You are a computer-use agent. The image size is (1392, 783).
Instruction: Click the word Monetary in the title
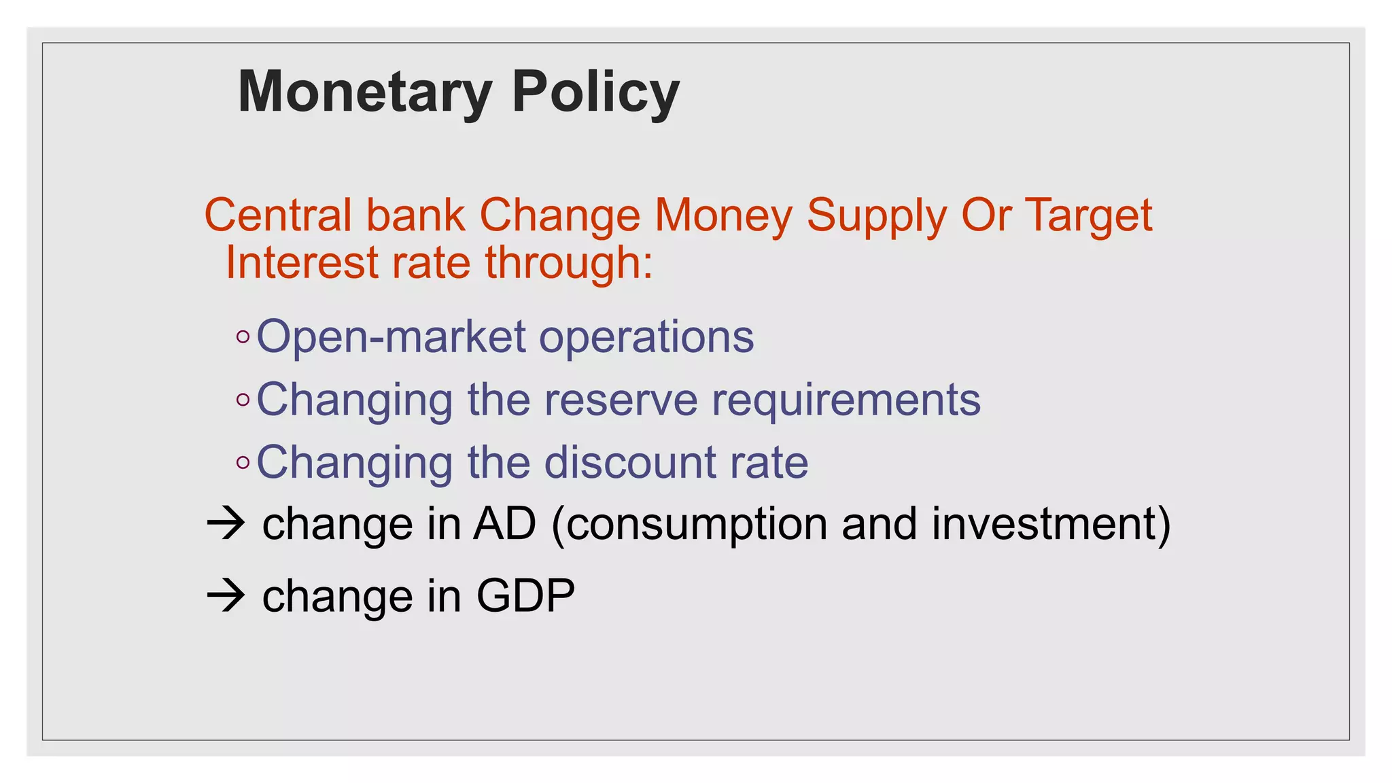[x=365, y=92]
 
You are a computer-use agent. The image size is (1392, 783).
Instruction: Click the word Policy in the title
[x=595, y=92]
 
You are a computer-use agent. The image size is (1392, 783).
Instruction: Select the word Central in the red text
[x=277, y=215]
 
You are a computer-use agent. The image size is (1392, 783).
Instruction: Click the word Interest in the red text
[x=301, y=262]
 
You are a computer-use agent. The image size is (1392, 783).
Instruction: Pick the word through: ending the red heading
[x=569, y=264]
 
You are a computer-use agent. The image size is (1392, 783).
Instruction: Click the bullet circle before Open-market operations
[x=243, y=337]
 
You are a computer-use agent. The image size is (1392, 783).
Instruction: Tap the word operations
[x=646, y=337]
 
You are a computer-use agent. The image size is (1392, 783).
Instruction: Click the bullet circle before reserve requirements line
[x=243, y=400]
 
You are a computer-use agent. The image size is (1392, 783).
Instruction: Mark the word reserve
[x=621, y=400]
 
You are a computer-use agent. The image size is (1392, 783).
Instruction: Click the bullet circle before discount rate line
[x=243, y=463]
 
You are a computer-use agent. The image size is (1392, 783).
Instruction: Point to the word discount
[x=630, y=462]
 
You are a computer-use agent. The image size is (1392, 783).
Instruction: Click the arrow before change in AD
[x=226, y=524]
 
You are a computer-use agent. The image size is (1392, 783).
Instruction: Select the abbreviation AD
[x=505, y=524]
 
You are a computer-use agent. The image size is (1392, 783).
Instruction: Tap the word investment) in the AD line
[x=1051, y=524]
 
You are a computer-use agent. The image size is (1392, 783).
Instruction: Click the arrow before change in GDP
[x=226, y=595]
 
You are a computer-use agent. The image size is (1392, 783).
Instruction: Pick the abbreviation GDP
[x=525, y=595]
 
